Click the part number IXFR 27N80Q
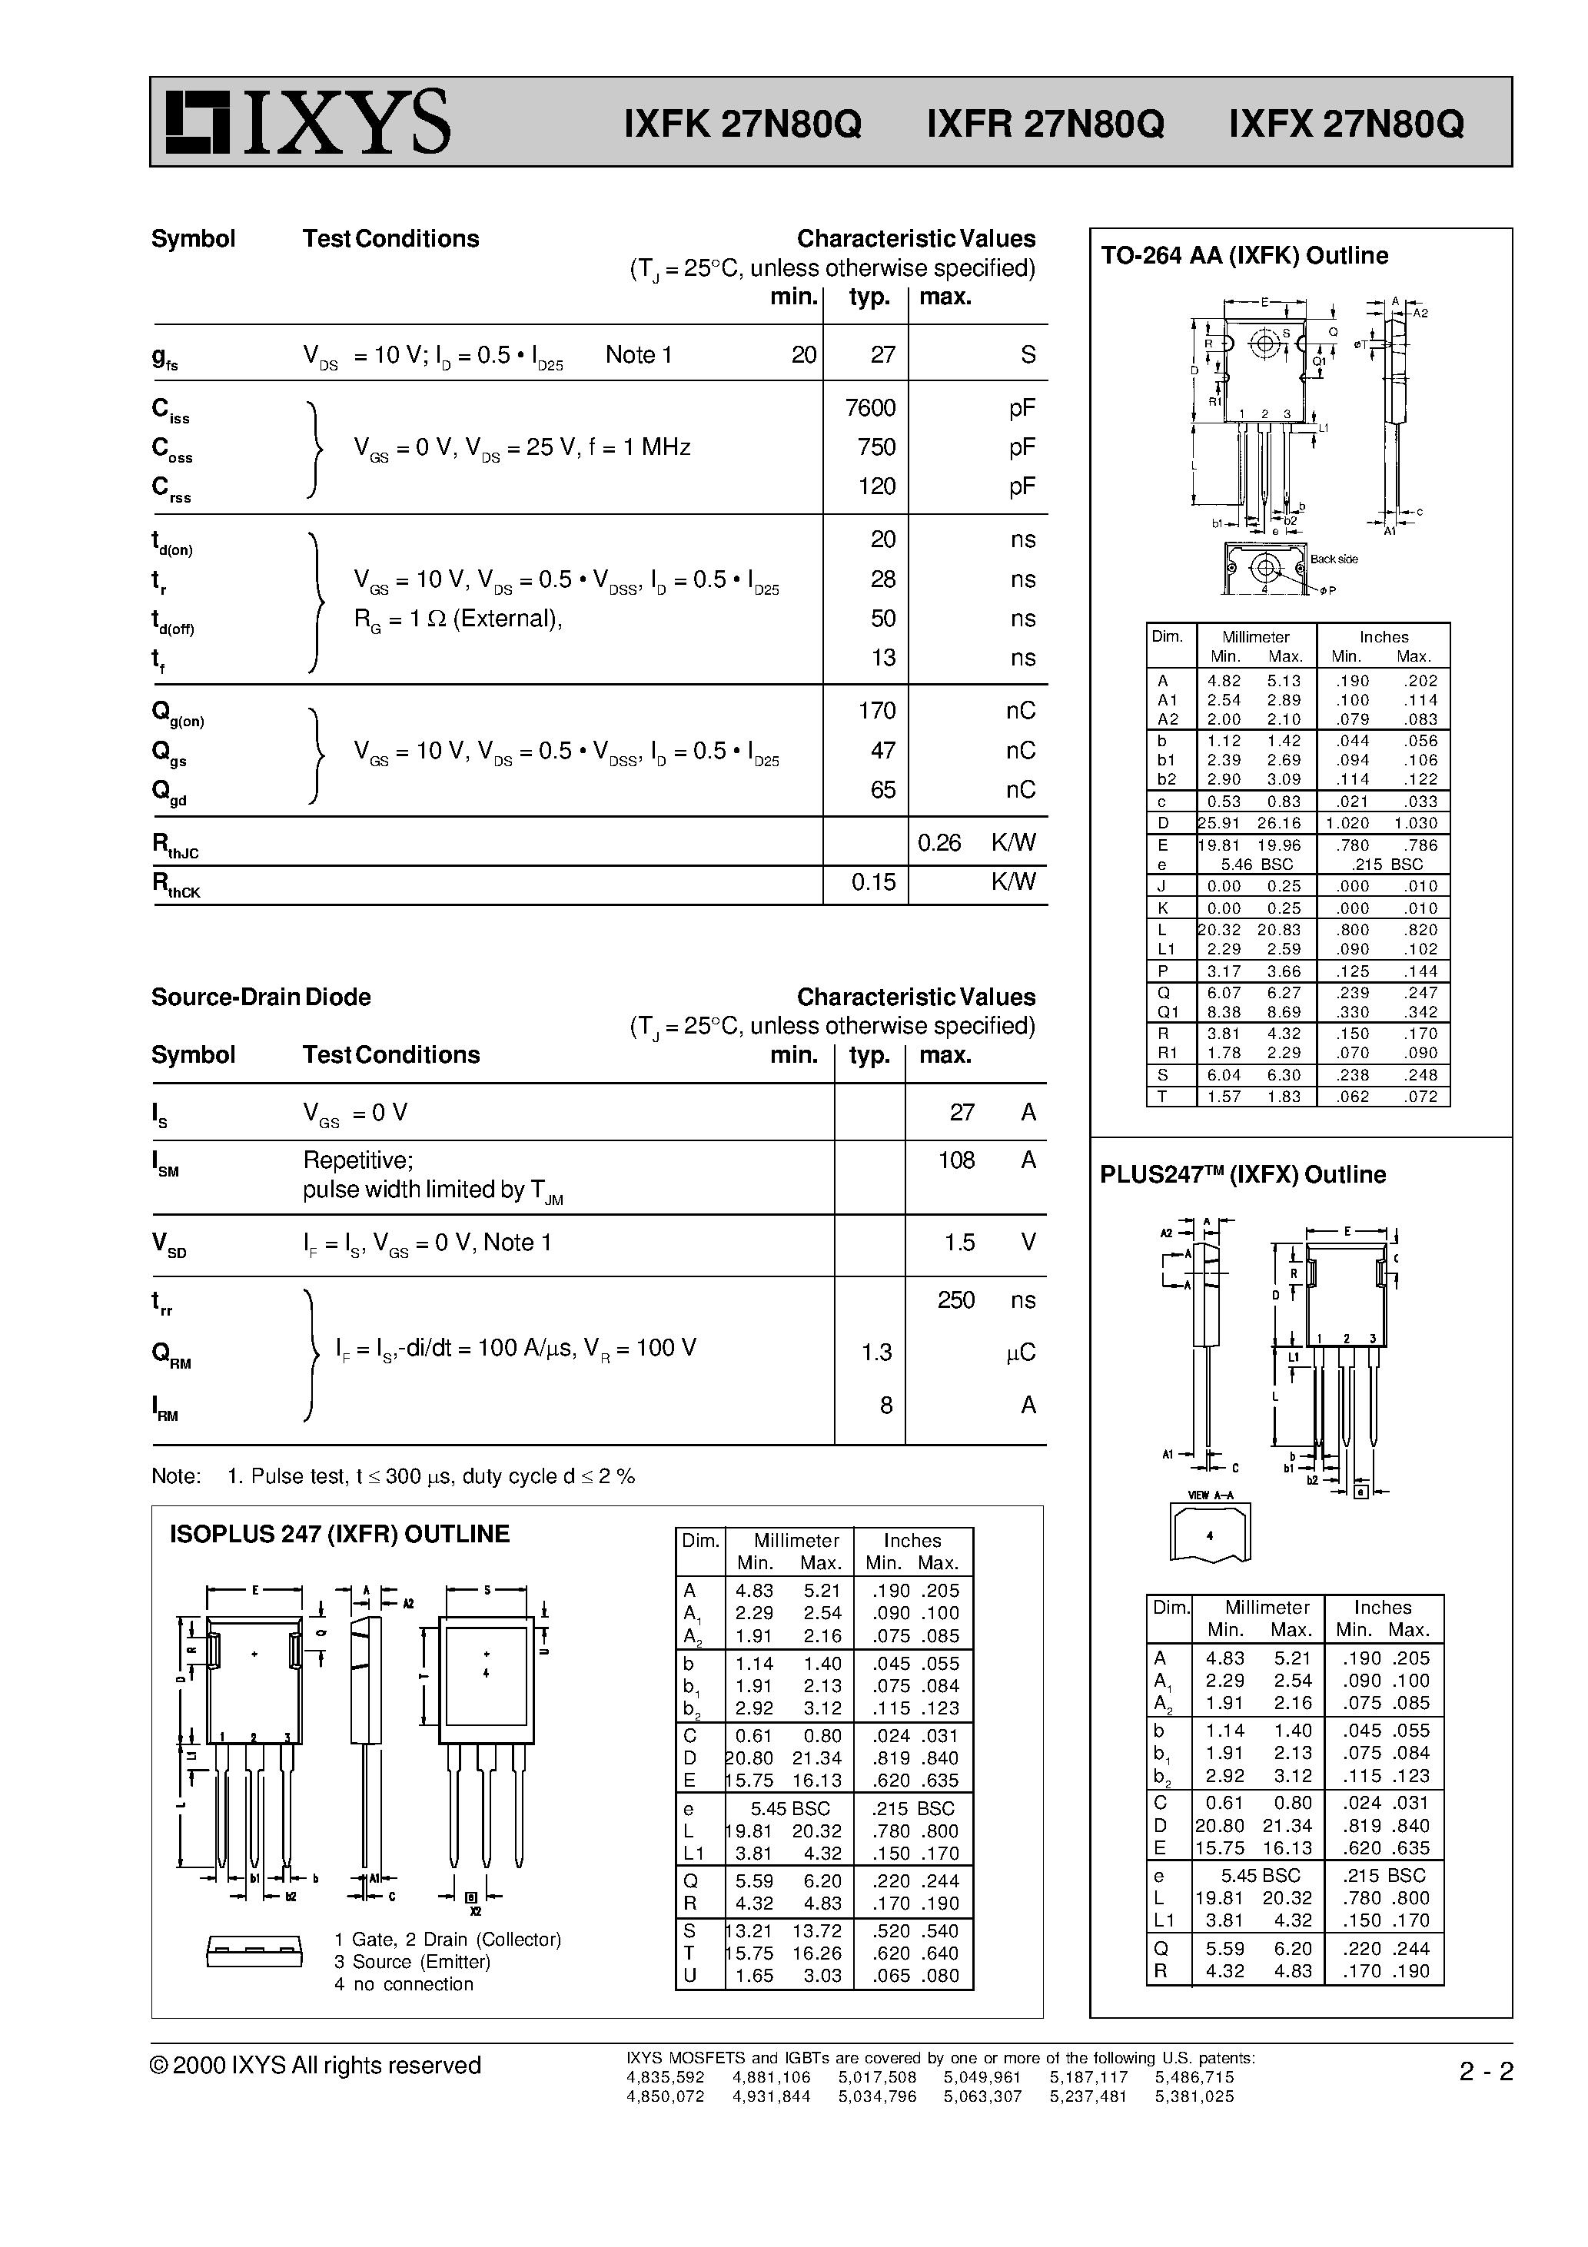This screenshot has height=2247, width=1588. [1045, 124]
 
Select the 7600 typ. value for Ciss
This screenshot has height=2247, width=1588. [869, 408]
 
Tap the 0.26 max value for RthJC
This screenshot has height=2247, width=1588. [939, 842]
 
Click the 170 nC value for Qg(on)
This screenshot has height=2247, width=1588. [876, 711]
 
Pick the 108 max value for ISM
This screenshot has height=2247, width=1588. [955, 1160]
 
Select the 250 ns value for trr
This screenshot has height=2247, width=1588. [955, 1299]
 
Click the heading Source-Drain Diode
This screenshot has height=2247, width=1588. [261, 997]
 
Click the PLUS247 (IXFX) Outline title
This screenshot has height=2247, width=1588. [1242, 1174]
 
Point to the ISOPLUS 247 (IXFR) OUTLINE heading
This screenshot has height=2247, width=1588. [340, 1534]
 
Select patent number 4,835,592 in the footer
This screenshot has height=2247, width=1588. [665, 2076]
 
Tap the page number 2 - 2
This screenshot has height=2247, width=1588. [1485, 2072]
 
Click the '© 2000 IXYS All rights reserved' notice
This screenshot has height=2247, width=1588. [315, 2065]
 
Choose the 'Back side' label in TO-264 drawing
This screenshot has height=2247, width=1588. [1334, 559]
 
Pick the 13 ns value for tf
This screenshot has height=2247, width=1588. [883, 658]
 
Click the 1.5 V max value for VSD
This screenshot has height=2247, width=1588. [959, 1242]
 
